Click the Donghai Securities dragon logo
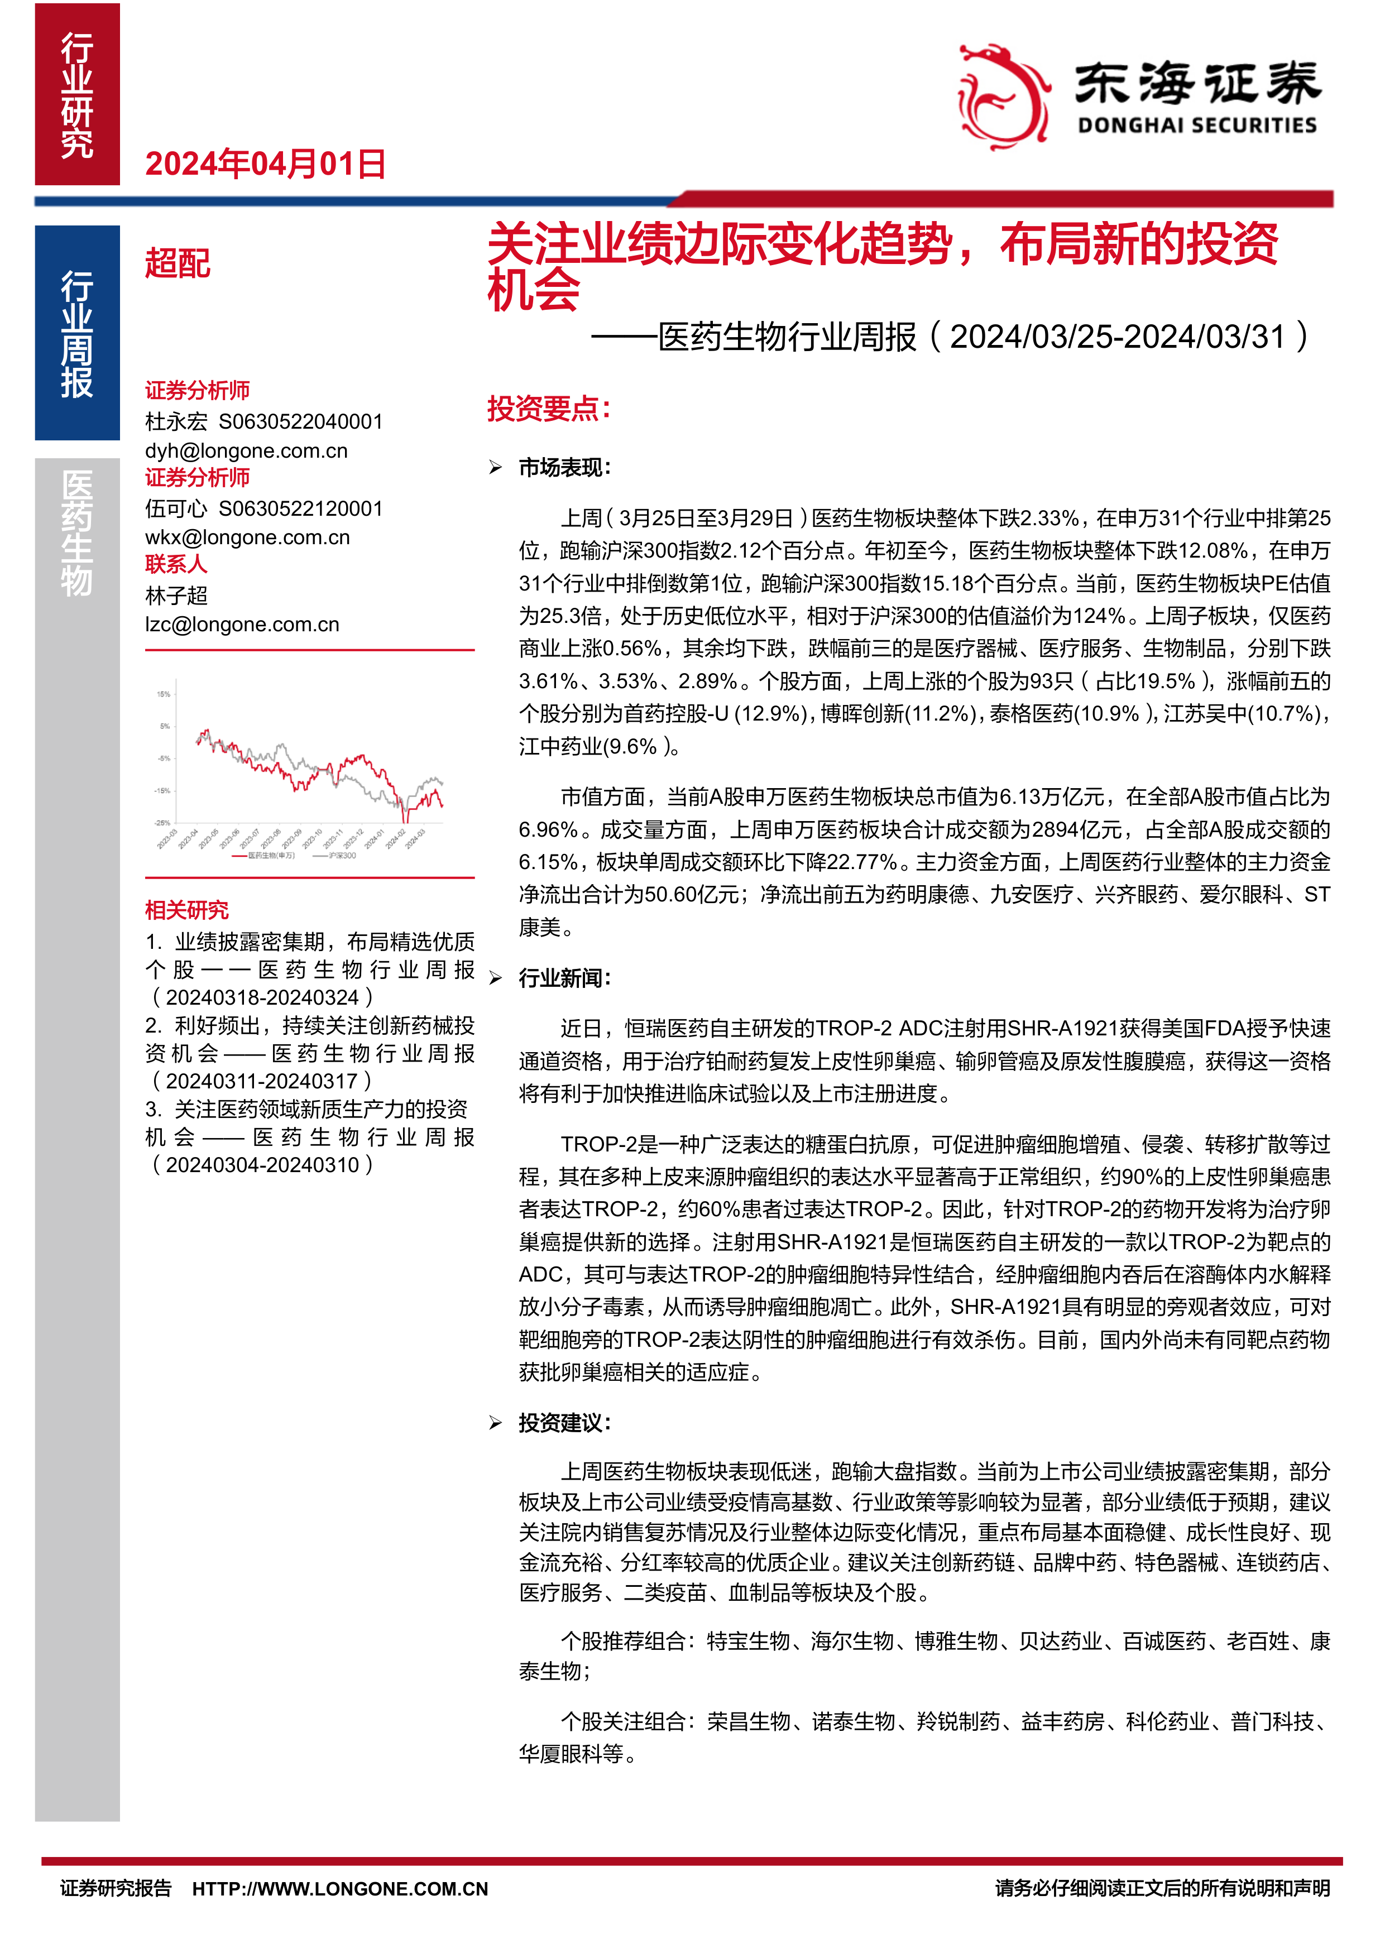pos(1003,97)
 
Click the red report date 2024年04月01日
pos(265,164)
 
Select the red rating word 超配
pos(178,263)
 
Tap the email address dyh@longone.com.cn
pos(246,450)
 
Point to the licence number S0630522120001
pos(300,508)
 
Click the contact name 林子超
pos(176,595)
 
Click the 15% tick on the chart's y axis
pos(163,694)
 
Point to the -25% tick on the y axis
pos(161,823)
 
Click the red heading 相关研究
pos(187,910)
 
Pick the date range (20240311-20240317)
pos(261,1081)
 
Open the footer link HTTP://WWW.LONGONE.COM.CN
pos(339,1889)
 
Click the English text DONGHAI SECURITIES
pos(1196,126)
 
